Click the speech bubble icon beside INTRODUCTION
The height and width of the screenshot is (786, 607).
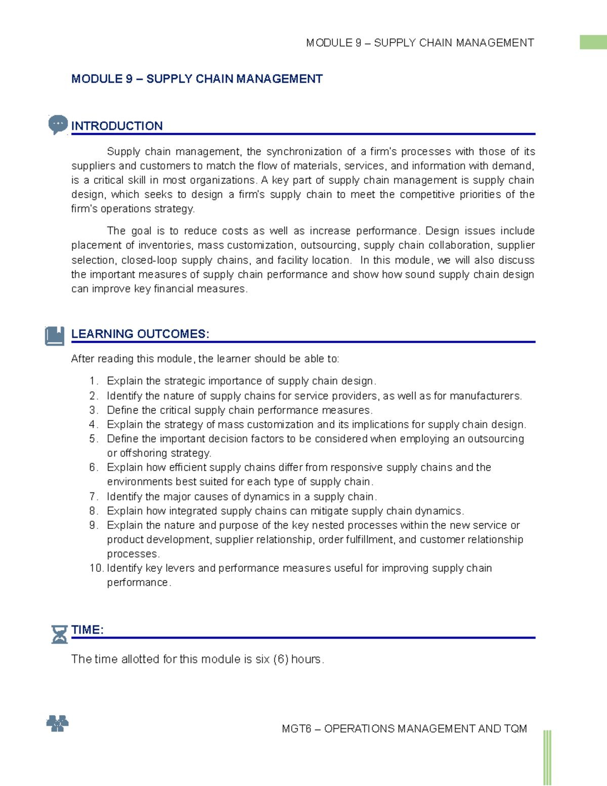[x=58, y=124]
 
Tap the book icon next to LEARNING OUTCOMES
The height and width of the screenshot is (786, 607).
[x=55, y=336]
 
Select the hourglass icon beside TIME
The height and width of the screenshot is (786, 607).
[x=59, y=634]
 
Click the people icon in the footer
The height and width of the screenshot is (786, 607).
[x=57, y=724]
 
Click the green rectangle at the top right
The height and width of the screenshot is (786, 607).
[x=593, y=42]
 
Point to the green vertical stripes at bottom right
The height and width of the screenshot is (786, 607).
[x=547, y=757]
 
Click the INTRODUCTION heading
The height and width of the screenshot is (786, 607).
[x=117, y=126]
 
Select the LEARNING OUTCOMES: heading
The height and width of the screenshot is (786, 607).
[x=140, y=334]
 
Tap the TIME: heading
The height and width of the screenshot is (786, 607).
[x=88, y=630]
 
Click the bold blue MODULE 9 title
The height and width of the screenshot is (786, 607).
[x=197, y=79]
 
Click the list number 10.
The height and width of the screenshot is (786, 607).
[x=96, y=568]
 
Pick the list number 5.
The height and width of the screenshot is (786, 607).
[x=93, y=439]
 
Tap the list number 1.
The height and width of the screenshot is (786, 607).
[x=93, y=381]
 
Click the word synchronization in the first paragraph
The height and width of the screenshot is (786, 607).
[x=304, y=152]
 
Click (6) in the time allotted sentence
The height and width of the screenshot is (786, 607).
[x=281, y=659]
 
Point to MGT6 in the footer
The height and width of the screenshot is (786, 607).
[x=296, y=729]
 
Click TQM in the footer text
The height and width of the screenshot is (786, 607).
[x=515, y=729]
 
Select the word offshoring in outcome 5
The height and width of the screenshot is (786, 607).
[x=143, y=453]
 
